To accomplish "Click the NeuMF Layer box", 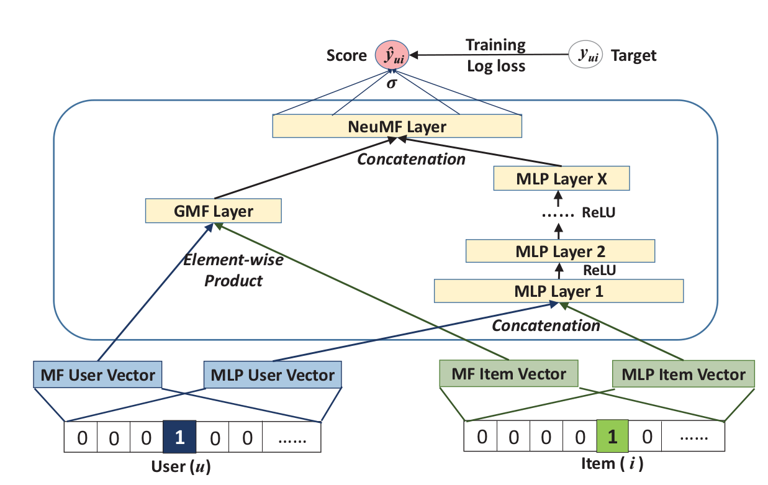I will click(x=397, y=127).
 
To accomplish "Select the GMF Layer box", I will click(x=213, y=211).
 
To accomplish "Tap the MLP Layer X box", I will click(x=561, y=179).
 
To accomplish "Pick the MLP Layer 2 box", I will click(x=561, y=252).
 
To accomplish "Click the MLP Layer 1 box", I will click(x=559, y=291).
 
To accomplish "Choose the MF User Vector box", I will click(x=97, y=375).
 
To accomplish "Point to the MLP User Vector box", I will click(x=273, y=375).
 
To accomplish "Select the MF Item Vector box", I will click(x=508, y=374).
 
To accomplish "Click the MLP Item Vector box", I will click(x=683, y=374).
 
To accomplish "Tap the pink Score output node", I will click(x=391, y=55).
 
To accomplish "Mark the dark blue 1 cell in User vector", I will click(x=179, y=438).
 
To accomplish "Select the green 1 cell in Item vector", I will click(x=612, y=437).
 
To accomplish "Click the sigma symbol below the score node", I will click(x=391, y=83).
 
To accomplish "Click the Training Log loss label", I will click(x=495, y=55).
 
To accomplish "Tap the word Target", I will click(x=634, y=56).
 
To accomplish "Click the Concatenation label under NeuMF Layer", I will click(x=411, y=159).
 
